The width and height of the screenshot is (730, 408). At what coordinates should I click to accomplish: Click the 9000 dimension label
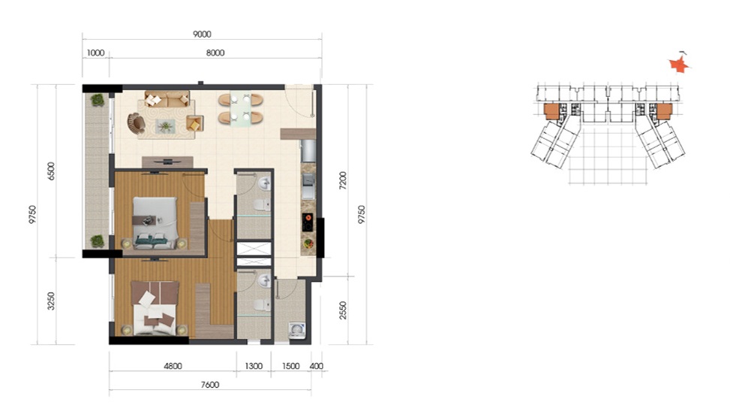tap(202, 34)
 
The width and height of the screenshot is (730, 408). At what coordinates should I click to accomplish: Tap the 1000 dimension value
tap(95, 53)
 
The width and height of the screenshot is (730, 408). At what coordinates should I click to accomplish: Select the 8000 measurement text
tap(215, 53)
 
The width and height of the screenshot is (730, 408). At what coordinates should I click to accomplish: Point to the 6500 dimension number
tap(51, 171)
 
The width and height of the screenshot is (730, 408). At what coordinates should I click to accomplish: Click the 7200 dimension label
tap(343, 180)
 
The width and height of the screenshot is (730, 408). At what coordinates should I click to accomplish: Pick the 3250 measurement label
tap(51, 301)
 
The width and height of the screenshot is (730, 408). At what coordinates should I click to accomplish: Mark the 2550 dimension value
tap(343, 310)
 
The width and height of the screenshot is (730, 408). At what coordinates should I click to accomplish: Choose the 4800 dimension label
tap(173, 366)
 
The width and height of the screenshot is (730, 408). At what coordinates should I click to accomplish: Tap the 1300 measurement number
tap(254, 366)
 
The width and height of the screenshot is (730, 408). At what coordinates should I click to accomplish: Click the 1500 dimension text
tap(290, 366)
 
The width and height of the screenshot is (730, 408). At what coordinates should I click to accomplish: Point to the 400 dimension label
tap(316, 366)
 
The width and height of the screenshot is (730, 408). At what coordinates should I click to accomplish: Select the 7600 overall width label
tap(210, 385)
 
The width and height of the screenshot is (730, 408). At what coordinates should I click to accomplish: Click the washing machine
tap(296, 329)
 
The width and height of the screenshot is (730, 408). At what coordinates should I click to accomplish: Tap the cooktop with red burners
tap(308, 222)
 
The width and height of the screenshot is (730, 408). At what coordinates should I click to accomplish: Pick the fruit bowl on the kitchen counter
tap(308, 243)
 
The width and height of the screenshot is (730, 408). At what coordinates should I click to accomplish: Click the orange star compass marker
tap(679, 65)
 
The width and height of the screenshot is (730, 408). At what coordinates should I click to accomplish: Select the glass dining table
tap(241, 109)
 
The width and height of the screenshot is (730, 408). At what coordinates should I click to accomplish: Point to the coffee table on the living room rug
tap(166, 126)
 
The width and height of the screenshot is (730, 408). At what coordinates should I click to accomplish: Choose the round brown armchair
tap(136, 123)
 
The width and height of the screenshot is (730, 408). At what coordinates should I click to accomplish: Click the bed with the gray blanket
tap(155, 223)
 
